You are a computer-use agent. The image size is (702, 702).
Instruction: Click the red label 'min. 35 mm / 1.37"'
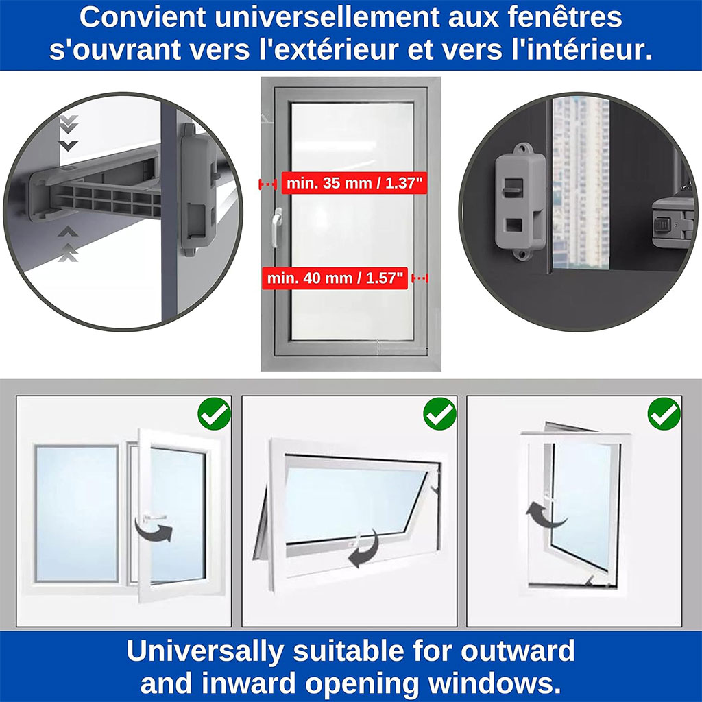(354, 183)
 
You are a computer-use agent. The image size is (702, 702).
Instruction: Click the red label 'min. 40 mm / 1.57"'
(335, 278)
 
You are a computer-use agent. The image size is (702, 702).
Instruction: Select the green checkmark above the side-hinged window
(215, 413)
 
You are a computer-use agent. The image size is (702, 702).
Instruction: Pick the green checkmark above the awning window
(440, 413)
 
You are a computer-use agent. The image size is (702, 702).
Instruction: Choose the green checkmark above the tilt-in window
(664, 413)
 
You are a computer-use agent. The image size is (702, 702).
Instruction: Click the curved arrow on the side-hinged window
(154, 531)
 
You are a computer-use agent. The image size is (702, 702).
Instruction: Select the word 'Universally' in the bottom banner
(205, 651)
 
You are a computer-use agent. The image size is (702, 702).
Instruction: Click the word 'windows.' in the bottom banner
(495, 683)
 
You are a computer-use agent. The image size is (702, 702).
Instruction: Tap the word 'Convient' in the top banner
(143, 17)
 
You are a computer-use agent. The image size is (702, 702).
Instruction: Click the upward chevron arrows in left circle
(68, 244)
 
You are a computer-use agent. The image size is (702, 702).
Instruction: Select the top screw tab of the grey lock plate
(522, 149)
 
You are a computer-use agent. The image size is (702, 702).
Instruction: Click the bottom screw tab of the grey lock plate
(522, 254)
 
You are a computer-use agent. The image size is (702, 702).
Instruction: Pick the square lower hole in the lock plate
(514, 225)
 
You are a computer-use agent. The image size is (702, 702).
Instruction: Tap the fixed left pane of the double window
(77, 513)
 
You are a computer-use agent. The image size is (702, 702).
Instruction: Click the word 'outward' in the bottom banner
(518, 651)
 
